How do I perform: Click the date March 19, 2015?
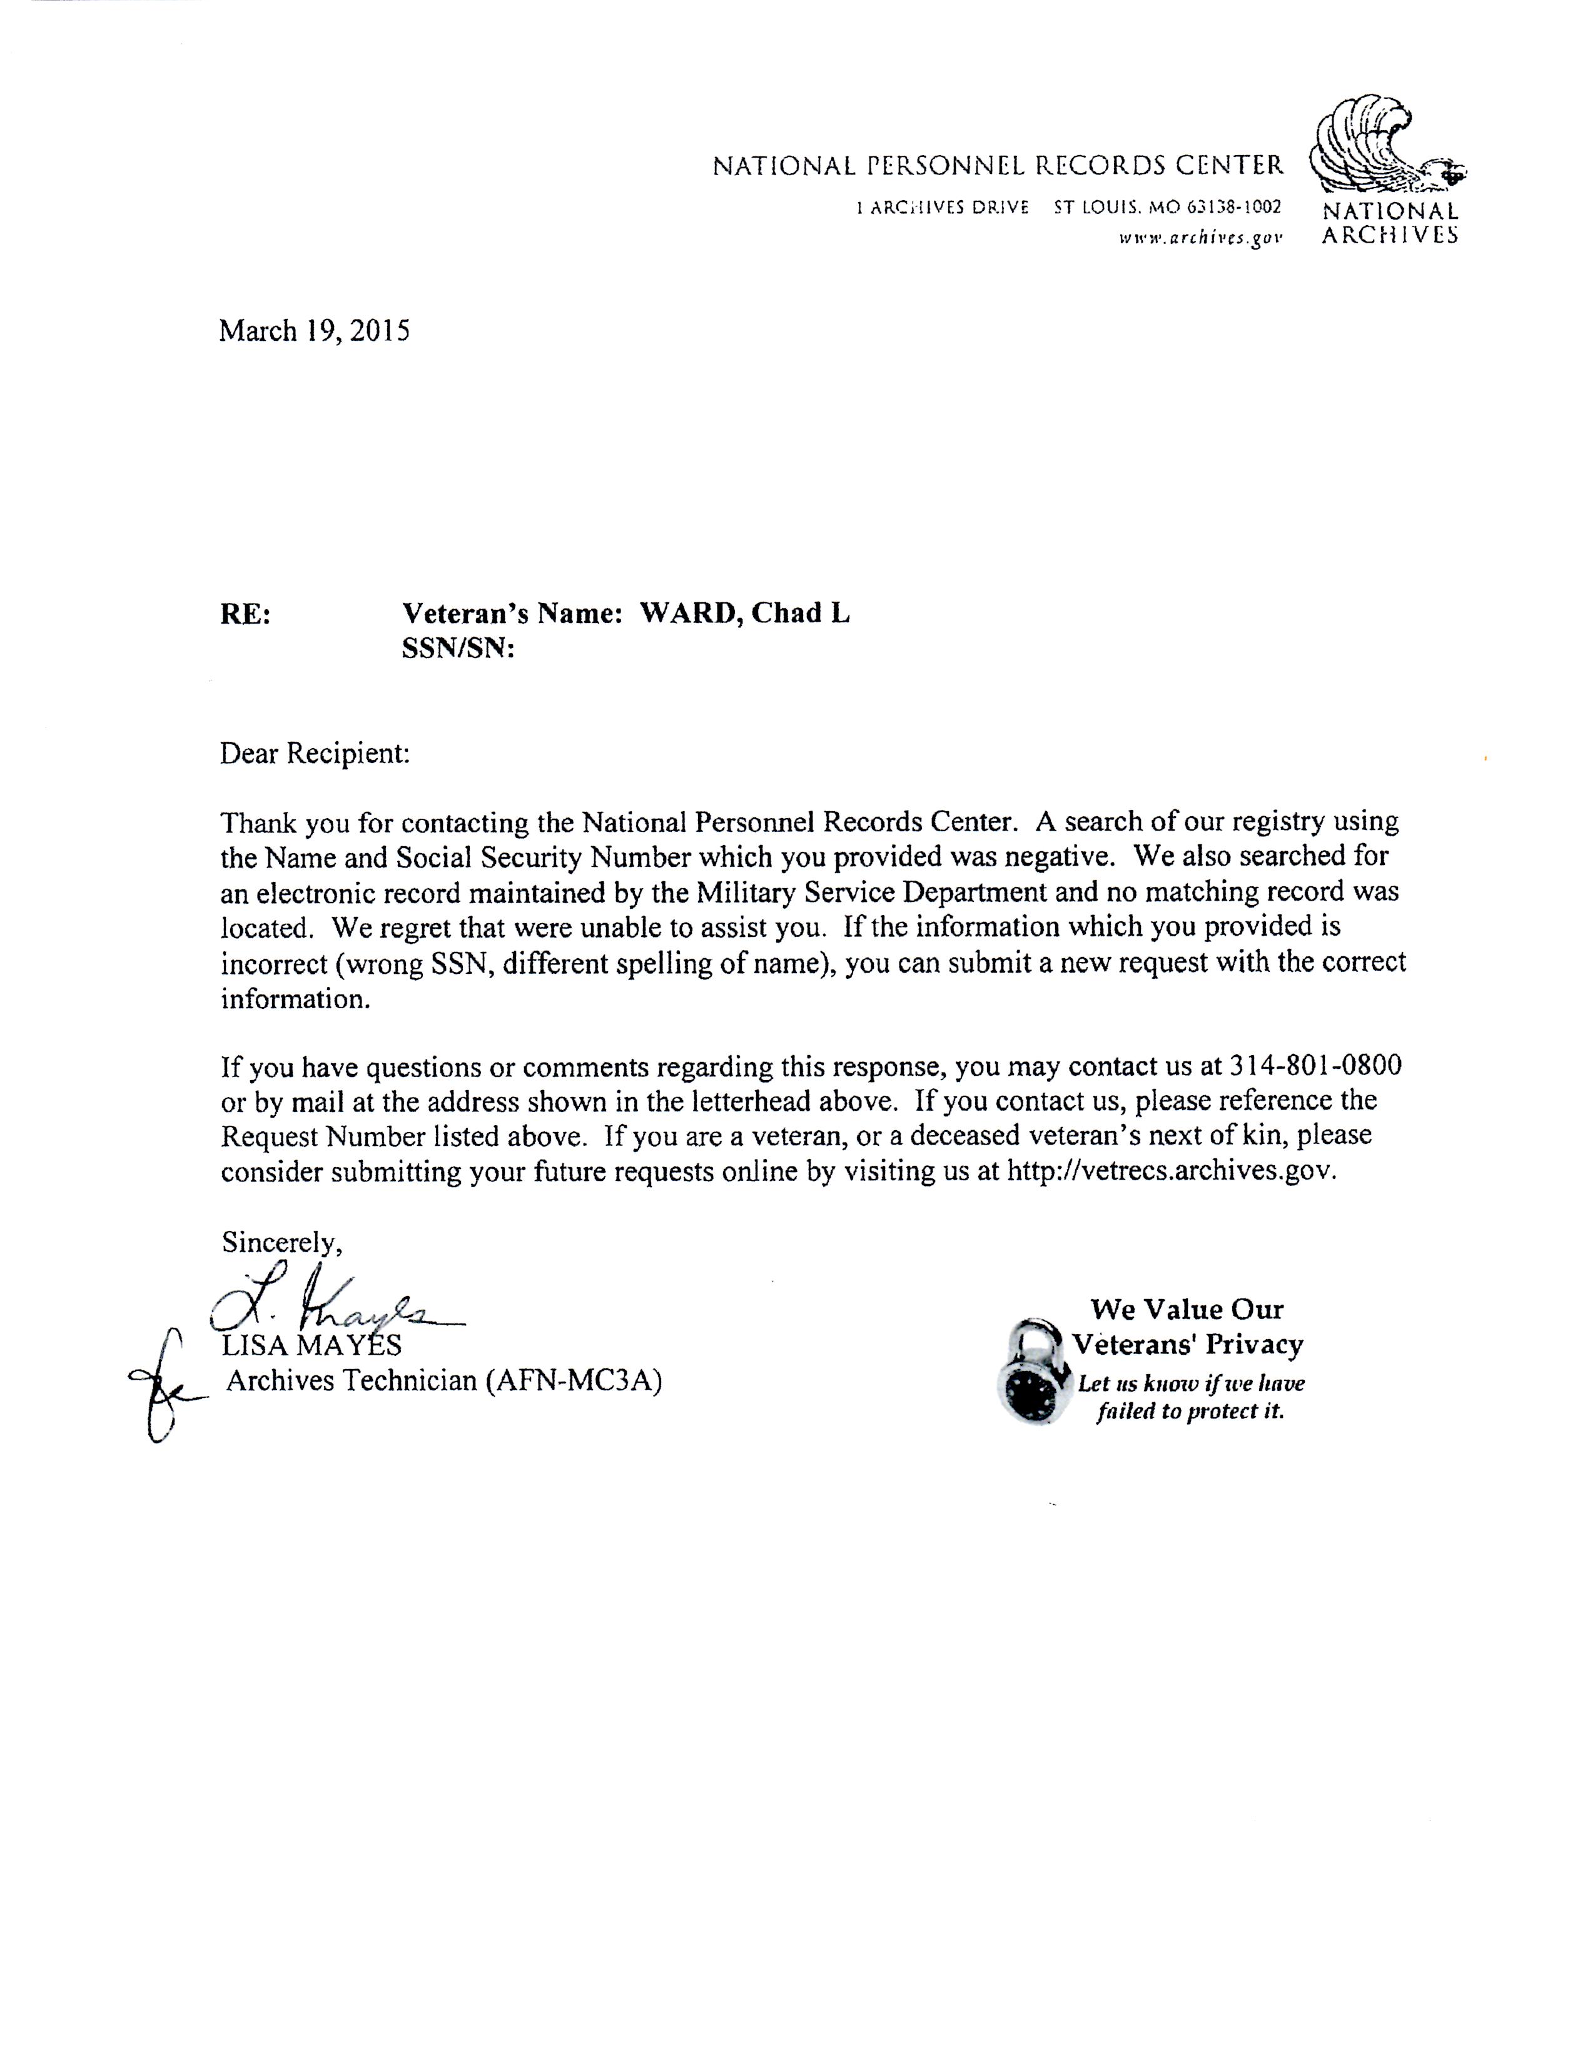point(315,331)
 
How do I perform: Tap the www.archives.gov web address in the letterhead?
point(1200,238)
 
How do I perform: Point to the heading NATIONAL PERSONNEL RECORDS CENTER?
point(998,166)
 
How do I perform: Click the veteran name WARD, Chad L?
point(744,614)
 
